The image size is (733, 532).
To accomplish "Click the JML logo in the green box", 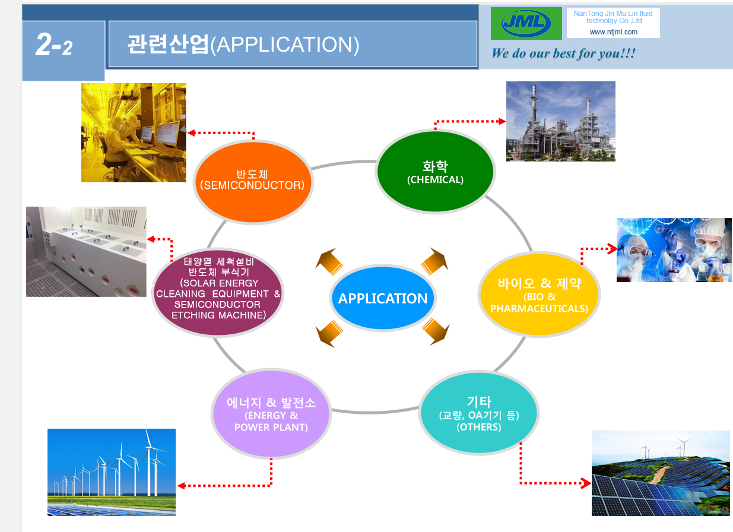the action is click(526, 23).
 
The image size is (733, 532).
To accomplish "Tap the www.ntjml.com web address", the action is click(613, 32).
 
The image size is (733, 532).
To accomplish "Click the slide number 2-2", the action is click(53, 45).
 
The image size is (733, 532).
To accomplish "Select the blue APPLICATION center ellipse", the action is click(383, 298).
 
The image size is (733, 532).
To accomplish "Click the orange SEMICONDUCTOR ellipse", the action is click(253, 182).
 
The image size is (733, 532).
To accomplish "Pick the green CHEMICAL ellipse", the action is click(435, 171).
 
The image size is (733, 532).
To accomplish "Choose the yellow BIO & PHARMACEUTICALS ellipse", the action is click(539, 294).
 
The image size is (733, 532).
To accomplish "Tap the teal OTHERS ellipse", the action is click(479, 413).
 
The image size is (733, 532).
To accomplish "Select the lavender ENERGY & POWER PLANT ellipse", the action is click(271, 413).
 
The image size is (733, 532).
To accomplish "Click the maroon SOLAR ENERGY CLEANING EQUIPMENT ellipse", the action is click(218, 292).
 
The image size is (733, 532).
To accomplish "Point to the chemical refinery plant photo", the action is click(560, 121).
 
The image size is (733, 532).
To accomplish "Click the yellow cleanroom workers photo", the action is click(134, 132).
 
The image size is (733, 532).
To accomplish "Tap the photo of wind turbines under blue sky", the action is click(111, 472).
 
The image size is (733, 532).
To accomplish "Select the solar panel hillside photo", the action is click(661, 473).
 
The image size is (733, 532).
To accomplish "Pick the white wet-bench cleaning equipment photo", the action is click(86, 251).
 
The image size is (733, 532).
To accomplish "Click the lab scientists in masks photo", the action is click(674, 250).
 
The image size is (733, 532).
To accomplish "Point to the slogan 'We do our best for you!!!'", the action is click(563, 53).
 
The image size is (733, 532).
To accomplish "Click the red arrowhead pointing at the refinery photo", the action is click(502, 122).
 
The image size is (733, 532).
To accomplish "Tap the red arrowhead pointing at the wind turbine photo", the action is click(181, 486).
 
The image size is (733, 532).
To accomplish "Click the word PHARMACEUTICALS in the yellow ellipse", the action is click(539, 309).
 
